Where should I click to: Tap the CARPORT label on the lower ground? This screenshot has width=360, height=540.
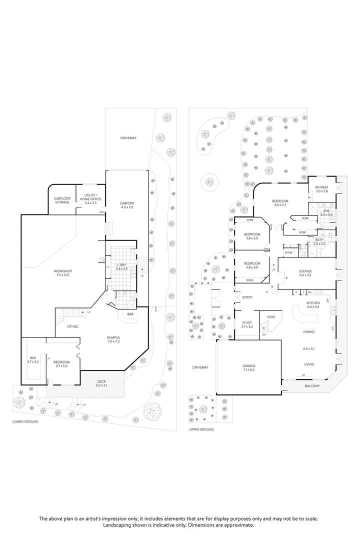pyautogui.click(x=127, y=203)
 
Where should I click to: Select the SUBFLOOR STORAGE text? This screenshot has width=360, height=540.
pyautogui.click(x=62, y=200)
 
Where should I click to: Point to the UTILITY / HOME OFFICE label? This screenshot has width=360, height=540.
pyautogui.click(x=90, y=197)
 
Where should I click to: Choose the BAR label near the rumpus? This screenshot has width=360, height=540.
pyautogui.click(x=130, y=314)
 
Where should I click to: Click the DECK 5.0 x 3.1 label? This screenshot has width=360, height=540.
pyautogui.click(x=104, y=383)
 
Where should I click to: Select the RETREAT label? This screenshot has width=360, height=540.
pyautogui.click(x=321, y=188)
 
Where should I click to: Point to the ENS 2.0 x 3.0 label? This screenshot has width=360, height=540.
pyautogui.click(x=326, y=211)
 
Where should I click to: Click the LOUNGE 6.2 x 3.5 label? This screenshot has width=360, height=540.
pyautogui.click(x=305, y=271)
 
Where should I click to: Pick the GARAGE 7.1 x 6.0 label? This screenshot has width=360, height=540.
pyautogui.click(x=249, y=367)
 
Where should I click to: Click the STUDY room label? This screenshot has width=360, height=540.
pyautogui.click(x=246, y=323)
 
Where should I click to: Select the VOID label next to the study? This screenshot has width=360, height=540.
pyautogui.click(x=270, y=317)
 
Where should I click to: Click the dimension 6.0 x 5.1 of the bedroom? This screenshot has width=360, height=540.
pyautogui.click(x=280, y=204)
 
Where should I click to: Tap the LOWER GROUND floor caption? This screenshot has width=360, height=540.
pyautogui.click(x=25, y=421)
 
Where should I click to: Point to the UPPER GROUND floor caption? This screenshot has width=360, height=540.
pyautogui.click(x=201, y=429)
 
